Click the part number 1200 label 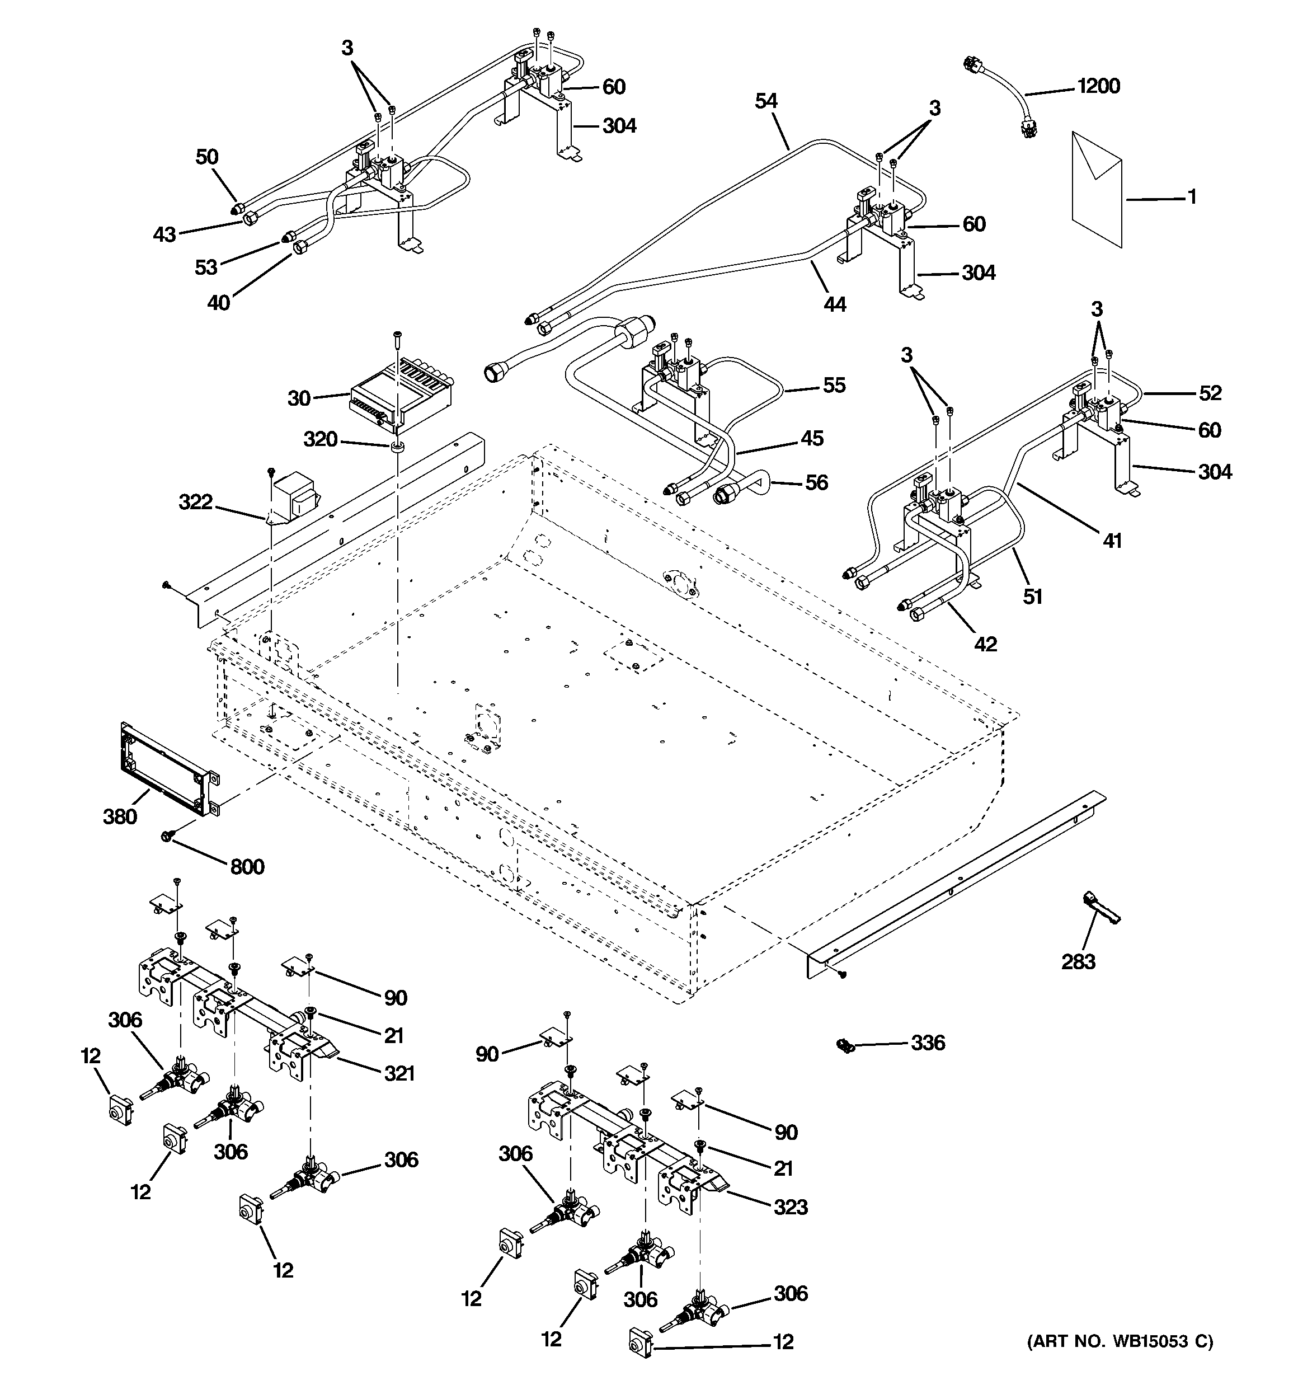pos(1098,86)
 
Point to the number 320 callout pos(321,440)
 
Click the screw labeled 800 pos(167,836)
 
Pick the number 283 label pos(1078,962)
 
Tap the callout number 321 pos(399,1073)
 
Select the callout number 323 pos(790,1206)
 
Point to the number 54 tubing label pos(766,102)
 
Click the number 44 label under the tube pos(835,304)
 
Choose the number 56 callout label pos(816,482)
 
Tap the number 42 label pos(985,645)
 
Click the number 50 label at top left pos(207,157)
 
